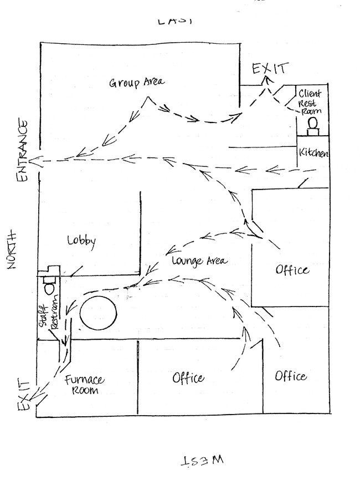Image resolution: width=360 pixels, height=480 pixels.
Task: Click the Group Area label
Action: (136, 83)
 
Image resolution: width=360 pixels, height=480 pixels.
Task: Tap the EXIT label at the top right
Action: (270, 69)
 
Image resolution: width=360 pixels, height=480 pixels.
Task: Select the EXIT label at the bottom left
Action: (23, 395)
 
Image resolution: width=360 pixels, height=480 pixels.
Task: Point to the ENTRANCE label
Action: (22, 150)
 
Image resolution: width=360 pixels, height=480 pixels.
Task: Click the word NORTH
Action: (14, 249)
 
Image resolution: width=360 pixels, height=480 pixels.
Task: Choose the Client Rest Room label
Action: (310, 102)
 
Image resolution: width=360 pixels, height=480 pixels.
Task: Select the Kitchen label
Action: (313, 153)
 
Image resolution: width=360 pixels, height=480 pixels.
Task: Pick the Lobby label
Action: (82, 241)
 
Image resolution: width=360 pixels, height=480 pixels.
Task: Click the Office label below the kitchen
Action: (291, 270)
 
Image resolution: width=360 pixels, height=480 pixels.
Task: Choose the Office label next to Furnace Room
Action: (188, 379)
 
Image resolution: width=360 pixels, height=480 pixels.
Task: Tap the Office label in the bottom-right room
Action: (291, 376)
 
